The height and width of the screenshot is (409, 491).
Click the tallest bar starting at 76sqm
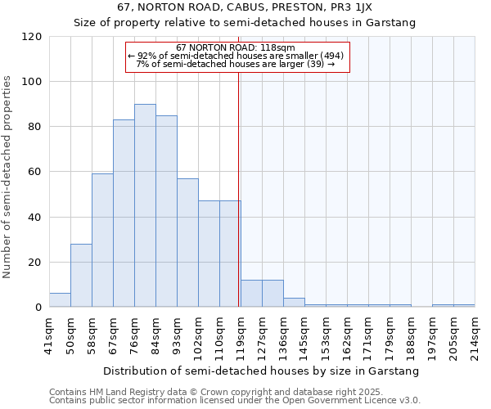pos(145,206)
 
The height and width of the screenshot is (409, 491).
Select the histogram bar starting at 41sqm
pos(60,300)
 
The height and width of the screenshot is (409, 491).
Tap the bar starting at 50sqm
pos(81,276)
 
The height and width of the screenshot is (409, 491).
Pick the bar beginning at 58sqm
pos(102,240)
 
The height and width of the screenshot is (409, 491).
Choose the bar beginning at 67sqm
pos(124,213)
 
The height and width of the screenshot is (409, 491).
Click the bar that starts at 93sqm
pos(187,243)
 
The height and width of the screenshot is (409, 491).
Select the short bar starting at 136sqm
pos(294,303)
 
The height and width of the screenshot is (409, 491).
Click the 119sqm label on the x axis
pos(241,335)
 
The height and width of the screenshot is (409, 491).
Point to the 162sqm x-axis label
pos(347,335)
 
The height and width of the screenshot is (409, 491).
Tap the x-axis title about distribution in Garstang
pos(261,371)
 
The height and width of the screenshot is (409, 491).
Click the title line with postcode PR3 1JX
pos(245,7)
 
